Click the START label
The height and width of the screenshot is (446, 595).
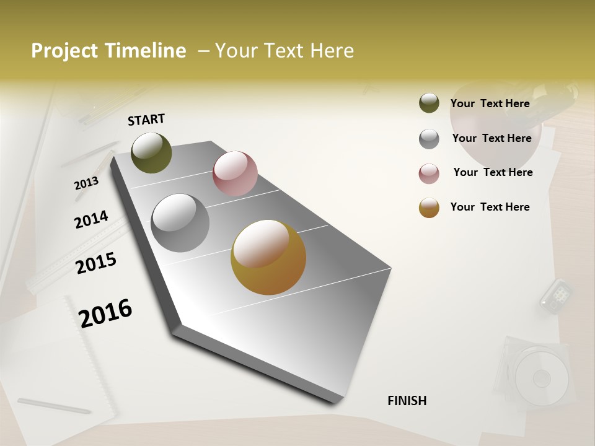tap(146, 120)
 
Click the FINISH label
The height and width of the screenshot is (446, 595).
tap(407, 401)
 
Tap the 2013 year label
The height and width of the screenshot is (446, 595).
tap(86, 183)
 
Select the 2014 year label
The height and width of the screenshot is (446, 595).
tap(91, 219)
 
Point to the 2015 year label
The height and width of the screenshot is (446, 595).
tap(96, 263)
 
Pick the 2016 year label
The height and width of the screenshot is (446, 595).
tap(105, 313)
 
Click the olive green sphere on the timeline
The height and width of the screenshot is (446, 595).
tap(151, 152)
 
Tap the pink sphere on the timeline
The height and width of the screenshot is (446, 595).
tap(235, 173)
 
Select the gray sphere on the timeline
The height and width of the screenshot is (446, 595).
tap(180, 223)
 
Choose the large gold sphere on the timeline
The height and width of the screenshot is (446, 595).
tap(268, 257)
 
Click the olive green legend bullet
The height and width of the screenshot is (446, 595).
tap(429, 103)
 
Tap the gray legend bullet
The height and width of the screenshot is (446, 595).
tap(429, 138)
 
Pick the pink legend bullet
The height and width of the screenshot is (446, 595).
tap(429, 173)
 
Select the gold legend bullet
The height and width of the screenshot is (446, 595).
tap(429, 208)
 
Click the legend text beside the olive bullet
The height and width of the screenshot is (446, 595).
tap(490, 103)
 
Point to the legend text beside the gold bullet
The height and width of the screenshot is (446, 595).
tap(490, 207)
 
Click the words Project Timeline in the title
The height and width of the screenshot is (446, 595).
tap(108, 51)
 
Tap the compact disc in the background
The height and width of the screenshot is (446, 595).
tap(540, 375)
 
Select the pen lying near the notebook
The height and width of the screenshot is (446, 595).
tap(55, 406)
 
